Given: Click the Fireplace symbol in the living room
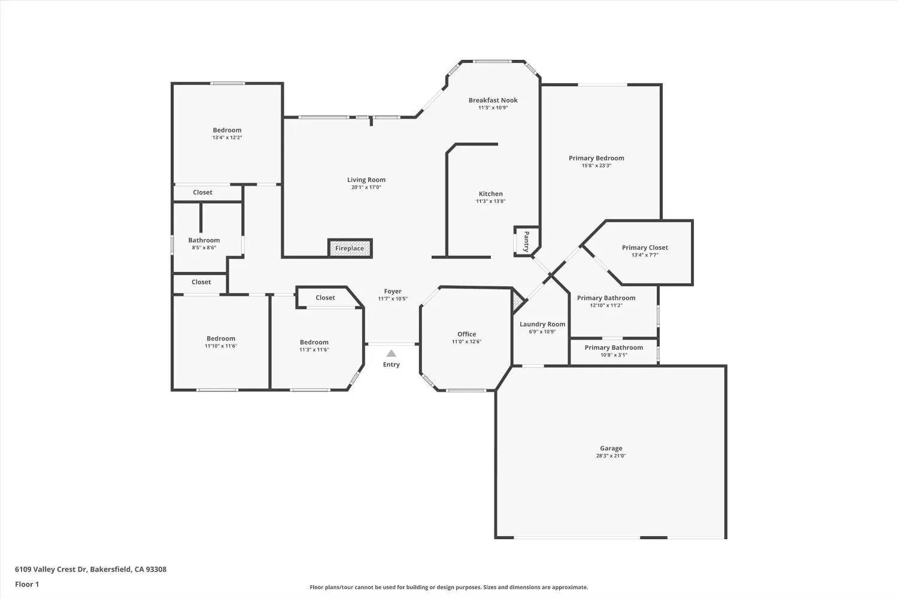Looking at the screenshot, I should pos(350,248).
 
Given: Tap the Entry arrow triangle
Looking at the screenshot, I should pos(391,353).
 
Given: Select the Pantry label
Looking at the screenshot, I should pos(526,241).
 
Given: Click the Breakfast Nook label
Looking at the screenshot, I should pos(493,100).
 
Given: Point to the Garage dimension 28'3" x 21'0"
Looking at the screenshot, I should pos(611,456).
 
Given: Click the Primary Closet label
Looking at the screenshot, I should pos(645,247).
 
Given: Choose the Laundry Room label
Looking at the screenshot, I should pos(542,324).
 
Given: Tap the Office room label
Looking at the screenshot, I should pos(466,334).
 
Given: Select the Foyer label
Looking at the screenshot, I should pos(393,291).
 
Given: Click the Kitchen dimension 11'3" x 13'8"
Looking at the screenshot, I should pos(490,201).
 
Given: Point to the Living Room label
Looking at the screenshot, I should pos(366,180).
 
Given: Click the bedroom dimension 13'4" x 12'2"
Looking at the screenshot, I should pos(227,138).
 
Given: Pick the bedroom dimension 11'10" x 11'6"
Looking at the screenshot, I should pos(221,346).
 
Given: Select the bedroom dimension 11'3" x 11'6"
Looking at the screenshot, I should pos(314,350).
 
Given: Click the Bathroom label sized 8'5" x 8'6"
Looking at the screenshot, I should pos(204,240).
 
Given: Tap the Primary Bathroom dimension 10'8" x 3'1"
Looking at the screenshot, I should pos(614,355).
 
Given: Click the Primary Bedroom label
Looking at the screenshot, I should pos(596,158).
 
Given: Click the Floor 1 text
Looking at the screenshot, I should pos(27,584).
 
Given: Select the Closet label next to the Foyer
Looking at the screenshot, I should pos(325,298).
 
